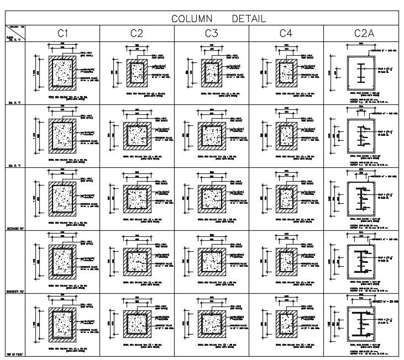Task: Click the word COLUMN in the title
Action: [192, 19]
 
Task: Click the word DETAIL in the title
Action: [248, 19]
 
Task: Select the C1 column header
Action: [62, 34]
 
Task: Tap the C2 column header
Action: [137, 34]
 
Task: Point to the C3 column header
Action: [211, 34]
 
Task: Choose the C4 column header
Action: [285, 34]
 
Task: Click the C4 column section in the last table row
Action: [286, 322]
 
